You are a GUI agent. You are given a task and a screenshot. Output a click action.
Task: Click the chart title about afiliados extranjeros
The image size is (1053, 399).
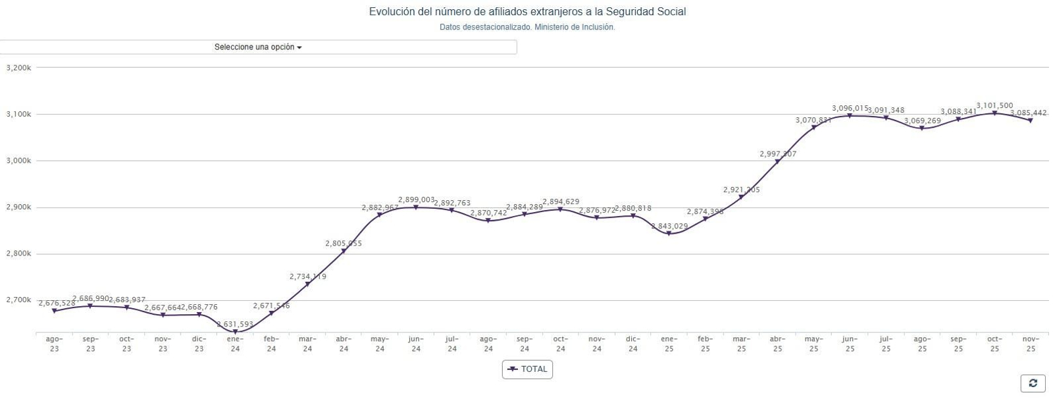526,12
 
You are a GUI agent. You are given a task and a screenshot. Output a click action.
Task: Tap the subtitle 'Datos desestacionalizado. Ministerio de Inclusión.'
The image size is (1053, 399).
526,28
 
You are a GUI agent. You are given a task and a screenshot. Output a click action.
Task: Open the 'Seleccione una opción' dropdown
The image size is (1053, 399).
258,47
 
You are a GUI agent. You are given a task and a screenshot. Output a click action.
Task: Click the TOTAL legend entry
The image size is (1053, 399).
527,369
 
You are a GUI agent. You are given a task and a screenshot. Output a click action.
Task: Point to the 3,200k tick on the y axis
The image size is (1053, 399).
18,68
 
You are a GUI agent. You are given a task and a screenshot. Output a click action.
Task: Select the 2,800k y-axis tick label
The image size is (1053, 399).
18,253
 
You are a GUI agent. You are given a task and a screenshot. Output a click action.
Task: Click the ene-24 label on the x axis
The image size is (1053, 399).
235,344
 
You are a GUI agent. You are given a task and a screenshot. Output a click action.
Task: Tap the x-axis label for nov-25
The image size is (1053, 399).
1030,344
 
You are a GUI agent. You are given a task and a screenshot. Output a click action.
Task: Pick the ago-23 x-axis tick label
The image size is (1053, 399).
54,344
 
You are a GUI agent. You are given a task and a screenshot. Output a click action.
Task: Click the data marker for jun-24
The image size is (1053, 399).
415,207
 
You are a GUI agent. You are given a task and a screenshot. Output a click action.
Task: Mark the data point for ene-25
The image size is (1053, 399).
669,233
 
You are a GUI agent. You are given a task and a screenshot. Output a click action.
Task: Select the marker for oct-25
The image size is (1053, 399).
994,113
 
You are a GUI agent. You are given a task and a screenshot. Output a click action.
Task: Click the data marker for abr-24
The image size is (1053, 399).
344,251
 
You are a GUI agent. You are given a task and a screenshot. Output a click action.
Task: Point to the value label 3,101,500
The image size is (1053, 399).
994,105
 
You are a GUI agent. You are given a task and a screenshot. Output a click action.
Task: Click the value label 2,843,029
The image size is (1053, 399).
669,226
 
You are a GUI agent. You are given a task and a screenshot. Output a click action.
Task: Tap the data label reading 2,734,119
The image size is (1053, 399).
307,277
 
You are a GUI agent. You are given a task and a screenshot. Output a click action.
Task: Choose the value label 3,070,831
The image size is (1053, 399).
813,120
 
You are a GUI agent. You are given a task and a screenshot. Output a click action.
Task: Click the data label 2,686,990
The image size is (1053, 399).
91,298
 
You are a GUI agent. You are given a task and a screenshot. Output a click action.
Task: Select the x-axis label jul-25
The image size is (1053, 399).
886,344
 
